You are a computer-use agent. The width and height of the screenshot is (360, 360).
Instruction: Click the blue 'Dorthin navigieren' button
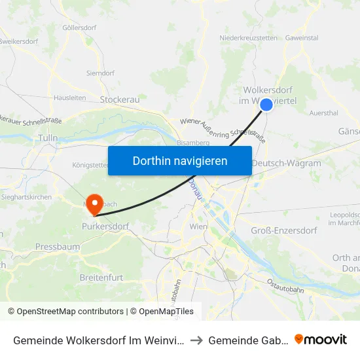pos(180,160)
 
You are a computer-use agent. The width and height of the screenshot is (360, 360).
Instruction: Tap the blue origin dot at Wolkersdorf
pos(266,105)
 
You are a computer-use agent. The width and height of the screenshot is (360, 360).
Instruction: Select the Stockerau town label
pos(120,99)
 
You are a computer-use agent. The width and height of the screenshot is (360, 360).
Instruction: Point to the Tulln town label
pos(48,137)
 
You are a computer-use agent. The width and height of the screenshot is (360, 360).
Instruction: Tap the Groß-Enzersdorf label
pos(283,230)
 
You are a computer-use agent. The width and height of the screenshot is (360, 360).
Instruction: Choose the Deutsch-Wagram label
pos(286,164)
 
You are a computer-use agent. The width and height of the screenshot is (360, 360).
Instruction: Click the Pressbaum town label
pos(58,247)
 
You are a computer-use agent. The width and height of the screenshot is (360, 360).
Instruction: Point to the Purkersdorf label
pos(105,226)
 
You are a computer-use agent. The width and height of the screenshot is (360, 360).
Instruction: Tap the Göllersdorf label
pos(79,28)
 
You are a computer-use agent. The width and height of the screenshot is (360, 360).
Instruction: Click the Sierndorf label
pos(101,73)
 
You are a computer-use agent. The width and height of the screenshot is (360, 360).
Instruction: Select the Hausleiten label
pos(70,98)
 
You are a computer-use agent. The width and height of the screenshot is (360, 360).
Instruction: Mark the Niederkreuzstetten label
pos(247,38)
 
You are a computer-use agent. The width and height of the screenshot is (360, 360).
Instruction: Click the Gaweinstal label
pos(302,38)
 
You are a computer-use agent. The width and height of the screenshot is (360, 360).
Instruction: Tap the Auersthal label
pos(323,113)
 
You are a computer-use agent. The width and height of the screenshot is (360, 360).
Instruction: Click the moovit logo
pos(321,339)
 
